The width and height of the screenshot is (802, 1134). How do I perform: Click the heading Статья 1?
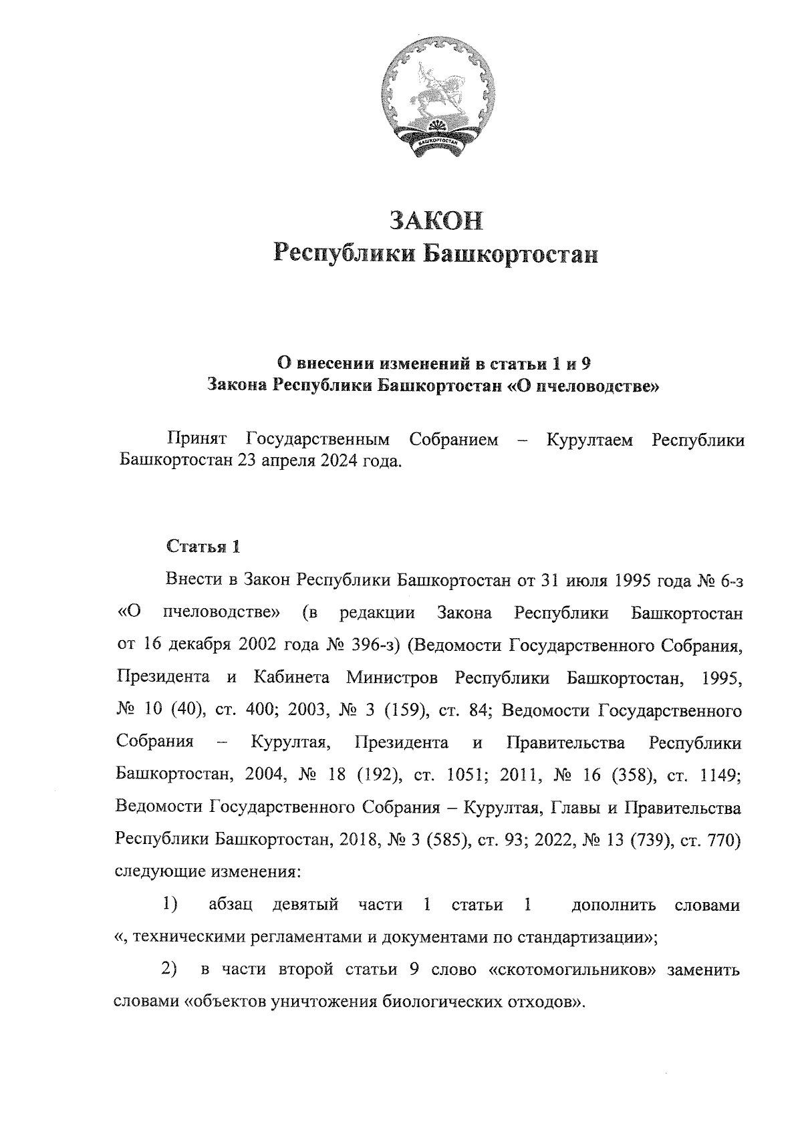(x=203, y=547)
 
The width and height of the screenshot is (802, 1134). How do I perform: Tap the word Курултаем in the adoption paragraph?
(x=589, y=441)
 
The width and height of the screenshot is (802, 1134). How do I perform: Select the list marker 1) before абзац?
(x=171, y=905)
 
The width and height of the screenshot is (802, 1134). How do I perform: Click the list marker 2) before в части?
(x=170, y=970)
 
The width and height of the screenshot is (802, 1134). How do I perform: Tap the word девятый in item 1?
(x=305, y=905)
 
